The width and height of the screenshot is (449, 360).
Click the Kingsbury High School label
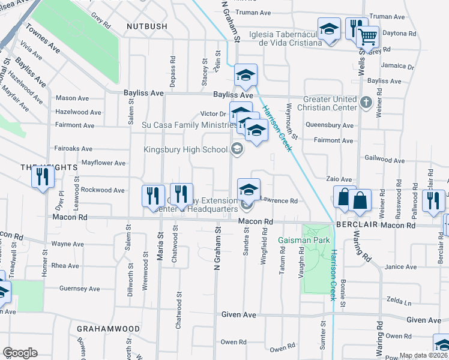point(185,149)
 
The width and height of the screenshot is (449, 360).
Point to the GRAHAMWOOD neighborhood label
point(108,329)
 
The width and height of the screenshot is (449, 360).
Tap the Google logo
point(20,352)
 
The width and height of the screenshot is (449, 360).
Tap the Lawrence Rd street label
point(279,201)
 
